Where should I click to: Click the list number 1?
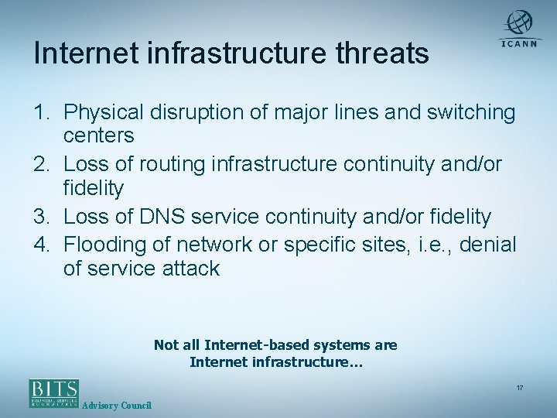(x=42, y=113)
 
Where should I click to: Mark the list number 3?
(x=42, y=217)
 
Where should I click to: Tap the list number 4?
(x=42, y=245)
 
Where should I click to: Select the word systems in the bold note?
(x=343, y=345)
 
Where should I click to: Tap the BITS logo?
(x=54, y=393)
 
